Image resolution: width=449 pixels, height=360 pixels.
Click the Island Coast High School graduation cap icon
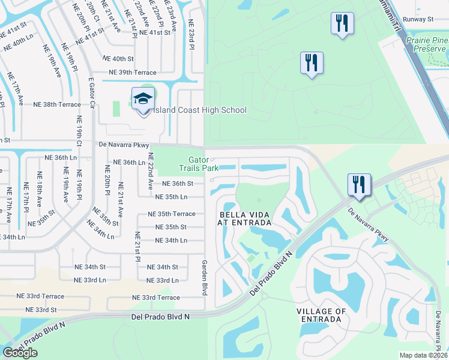pyautogui.click(x=143, y=100)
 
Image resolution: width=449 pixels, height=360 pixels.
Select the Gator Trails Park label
pyautogui.click(x=203, y=164)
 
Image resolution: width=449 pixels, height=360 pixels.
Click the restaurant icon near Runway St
pyautogui.click(x=342, y=24)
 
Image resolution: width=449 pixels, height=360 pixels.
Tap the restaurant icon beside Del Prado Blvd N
pyautogui.click(x=359, y=184)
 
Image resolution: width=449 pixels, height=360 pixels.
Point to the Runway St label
pyautogui.click(x=418, y=19)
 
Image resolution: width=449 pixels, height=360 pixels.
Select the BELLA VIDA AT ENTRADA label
pyautogui.click(x=245, y=218)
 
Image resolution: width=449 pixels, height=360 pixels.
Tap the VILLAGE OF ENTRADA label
pyautogui.click(x=321, y=316)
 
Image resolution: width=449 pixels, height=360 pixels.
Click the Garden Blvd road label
pyautogui.click(x=204, y=277)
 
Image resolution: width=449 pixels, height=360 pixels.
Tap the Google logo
pyautogui.click(x=20, y=353)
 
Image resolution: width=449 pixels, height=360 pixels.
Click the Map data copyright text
pyautogui.click(x=424, y=355)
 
